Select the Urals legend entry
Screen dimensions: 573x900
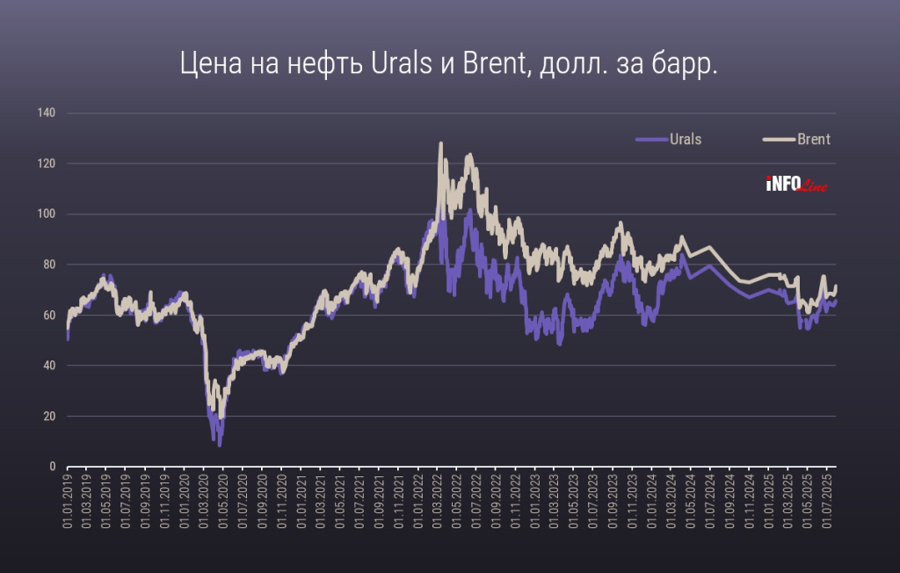point(685,139)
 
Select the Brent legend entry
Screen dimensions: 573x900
point(813,139)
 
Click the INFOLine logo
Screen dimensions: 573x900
point(796,185)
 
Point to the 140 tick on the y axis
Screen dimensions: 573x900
point(47,113)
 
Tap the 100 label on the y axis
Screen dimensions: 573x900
point(47,214)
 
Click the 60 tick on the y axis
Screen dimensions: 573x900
point(49,316)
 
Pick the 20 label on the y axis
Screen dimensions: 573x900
point(49,417)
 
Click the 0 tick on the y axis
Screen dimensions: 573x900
point(52,467)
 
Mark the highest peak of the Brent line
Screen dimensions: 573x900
point(440,143)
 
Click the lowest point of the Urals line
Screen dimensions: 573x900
point(220,445)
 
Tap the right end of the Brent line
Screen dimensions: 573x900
point(836,286)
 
